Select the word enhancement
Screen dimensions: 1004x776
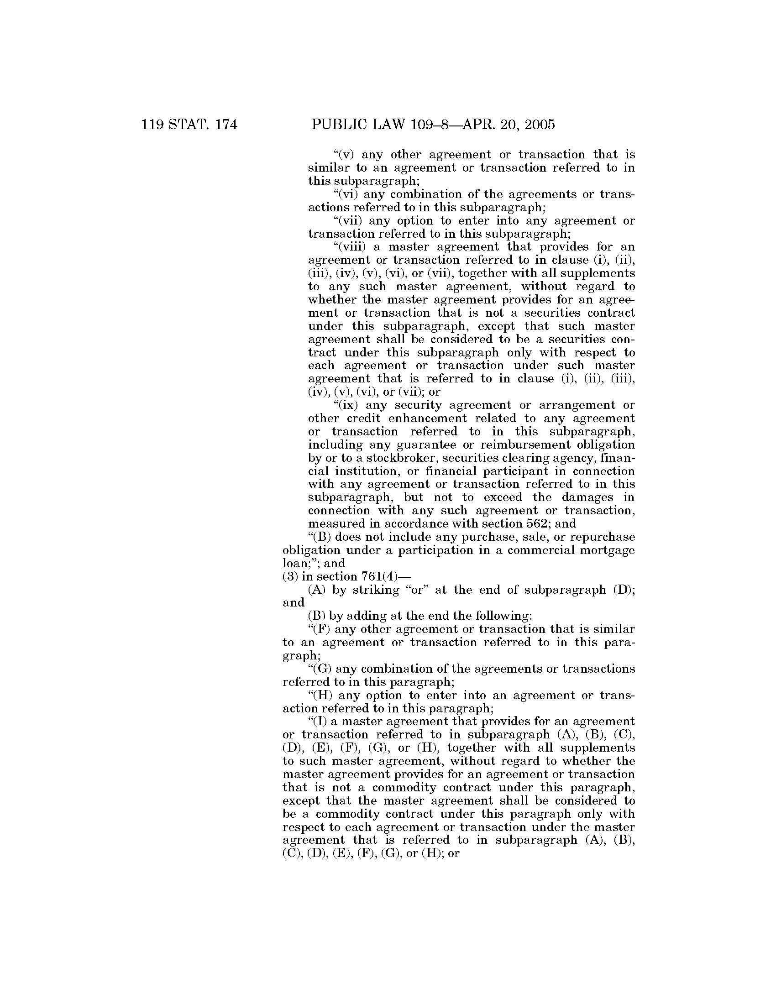(425, 418)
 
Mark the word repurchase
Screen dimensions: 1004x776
(600, 537)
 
